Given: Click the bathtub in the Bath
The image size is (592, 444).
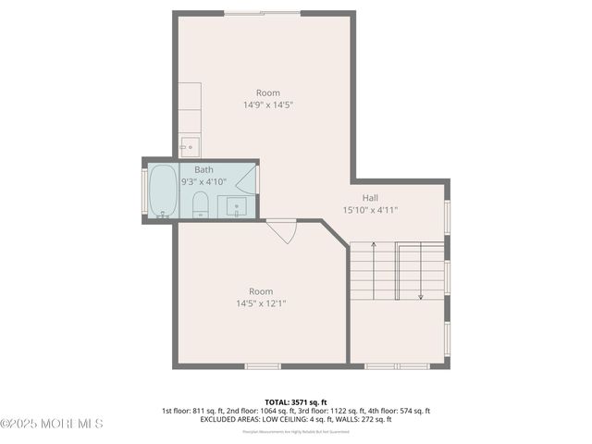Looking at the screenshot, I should coord(163,191).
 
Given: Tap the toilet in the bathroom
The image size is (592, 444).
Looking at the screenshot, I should coord(200,204).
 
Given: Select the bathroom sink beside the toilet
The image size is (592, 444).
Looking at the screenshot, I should coord(234,207).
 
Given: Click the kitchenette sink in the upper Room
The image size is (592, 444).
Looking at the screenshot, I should coord(189,146).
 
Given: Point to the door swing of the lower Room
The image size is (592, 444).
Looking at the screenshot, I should coord(280,230).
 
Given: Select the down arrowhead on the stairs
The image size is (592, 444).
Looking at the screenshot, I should coord(421,296).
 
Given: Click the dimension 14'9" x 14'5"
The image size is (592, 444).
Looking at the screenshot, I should coord(267,105).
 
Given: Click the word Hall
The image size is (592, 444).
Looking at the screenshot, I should coord(370,197).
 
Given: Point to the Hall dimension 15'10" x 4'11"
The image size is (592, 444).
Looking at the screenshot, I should coord(370,210).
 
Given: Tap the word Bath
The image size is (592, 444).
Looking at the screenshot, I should coord(203,169).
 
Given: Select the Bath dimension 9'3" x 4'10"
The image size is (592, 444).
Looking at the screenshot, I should coord(203,182).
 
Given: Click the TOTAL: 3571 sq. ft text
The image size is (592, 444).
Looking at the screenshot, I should coord(296,401).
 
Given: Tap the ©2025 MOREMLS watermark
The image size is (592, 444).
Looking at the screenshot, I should coord(52,424).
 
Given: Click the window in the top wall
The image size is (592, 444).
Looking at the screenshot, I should coord(262,13).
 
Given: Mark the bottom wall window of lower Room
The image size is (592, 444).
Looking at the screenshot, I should coord(262,366).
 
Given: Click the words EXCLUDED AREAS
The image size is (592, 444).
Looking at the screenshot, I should coord(230,419).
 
